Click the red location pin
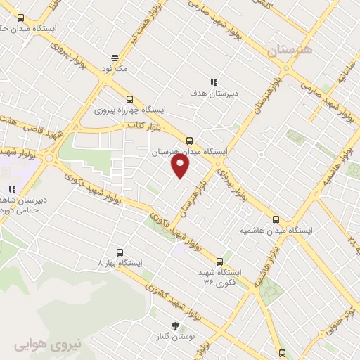[181, 166]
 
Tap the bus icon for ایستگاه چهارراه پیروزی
[129, 99]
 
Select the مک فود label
[115, 68]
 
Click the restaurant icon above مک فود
[115, 58]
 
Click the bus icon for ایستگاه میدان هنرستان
[188, 140]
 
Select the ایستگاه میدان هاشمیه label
[276, 230]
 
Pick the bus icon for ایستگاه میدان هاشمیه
[276, 219]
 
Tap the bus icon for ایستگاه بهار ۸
[119, 252]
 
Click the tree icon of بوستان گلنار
[174, 325]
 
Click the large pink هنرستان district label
[292, 50]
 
